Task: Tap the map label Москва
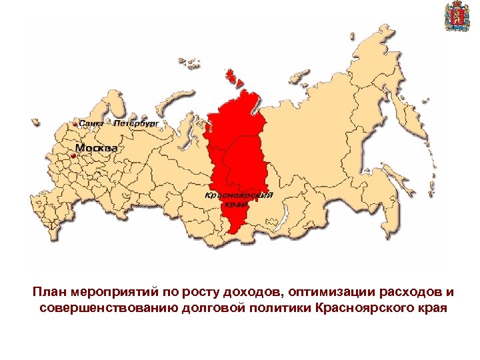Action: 96,147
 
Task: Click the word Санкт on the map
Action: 91,123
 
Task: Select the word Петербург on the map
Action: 136,123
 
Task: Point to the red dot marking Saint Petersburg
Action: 74,124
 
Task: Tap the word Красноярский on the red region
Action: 239,194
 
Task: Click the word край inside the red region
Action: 233,205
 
